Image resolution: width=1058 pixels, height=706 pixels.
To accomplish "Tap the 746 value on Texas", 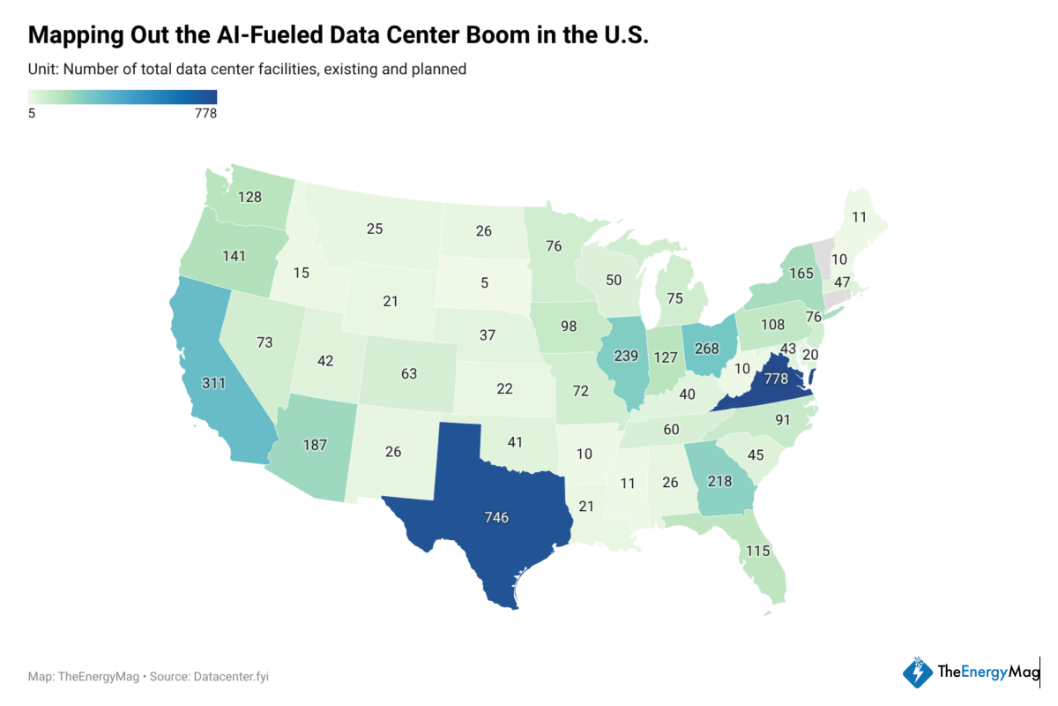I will click(x=496, y=517).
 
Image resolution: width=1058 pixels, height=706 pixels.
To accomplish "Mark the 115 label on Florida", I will click(x=757, y=551).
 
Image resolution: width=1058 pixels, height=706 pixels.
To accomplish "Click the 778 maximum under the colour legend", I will click(x=205, y=113).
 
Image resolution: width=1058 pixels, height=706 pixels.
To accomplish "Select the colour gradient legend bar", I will click(x=122, y=97).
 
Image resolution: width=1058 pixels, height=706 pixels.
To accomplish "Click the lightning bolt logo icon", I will click(x=918, y=673).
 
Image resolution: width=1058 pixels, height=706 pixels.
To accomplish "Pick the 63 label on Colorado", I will click(x=408, y=373).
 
